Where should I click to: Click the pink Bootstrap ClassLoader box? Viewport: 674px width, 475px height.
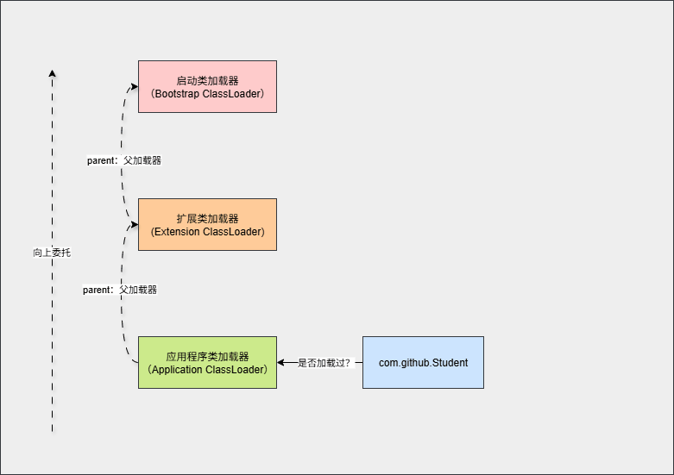(x=207, y=86)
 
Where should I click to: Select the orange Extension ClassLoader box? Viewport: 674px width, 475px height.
(x=207, y=224)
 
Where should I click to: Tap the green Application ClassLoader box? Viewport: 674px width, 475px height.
(x=207, y=362)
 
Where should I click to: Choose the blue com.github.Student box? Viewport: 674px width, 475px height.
(x=423, y=362)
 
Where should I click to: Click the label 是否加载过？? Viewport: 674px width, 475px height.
(x=324, y=363)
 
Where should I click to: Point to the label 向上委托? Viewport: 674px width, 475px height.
(x=52, y=253)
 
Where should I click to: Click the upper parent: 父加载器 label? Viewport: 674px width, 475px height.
(x=124, y=160)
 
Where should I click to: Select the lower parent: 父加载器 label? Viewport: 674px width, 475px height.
(x=120, y=290)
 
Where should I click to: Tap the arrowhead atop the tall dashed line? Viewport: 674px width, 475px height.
(x=52, y=73)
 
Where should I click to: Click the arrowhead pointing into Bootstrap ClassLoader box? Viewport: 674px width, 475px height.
(x=134, y=86)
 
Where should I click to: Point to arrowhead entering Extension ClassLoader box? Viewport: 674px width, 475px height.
(x=134, y=224)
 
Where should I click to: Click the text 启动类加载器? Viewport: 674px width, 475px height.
(x=207, y=80)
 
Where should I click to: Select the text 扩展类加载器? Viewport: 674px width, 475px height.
(x=207, y=218)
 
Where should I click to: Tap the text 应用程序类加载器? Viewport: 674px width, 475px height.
(x=207, y=356)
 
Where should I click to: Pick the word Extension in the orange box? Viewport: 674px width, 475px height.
(x=176, y=231)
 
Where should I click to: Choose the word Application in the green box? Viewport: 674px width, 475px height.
(x=178, y=369)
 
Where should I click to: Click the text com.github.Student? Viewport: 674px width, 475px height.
(x=423, y=363)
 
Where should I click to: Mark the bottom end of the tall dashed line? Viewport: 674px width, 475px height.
(x=52, y=431)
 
